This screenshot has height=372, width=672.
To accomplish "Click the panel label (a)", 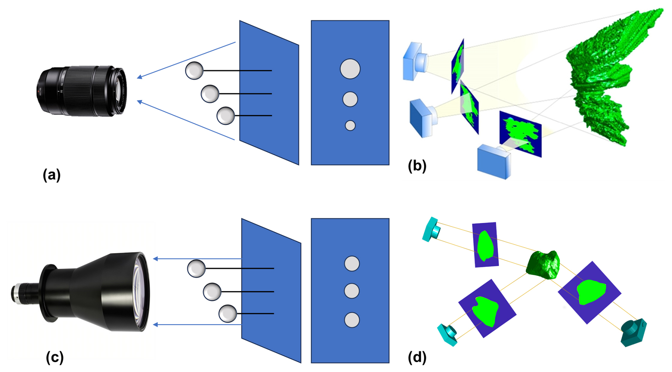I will point(52,175).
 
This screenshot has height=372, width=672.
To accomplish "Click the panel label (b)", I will point(417,166).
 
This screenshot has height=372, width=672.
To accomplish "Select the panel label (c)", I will point(55,357).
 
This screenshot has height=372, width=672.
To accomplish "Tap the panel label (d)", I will point(417,357).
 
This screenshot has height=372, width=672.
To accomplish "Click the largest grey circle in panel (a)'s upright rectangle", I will point(350,69).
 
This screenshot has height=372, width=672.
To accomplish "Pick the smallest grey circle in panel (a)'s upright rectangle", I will point(350,126).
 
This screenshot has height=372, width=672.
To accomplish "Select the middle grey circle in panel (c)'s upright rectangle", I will point(352,291).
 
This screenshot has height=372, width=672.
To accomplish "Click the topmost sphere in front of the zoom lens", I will point(194,70).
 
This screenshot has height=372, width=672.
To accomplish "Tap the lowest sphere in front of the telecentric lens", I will point(228,313).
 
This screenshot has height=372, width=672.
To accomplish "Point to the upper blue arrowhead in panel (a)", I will point(139,77).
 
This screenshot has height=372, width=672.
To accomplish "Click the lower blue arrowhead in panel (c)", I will point(155,325).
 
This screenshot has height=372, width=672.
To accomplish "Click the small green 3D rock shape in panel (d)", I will point(543,265).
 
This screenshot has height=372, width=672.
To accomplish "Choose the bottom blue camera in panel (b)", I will point(494,162).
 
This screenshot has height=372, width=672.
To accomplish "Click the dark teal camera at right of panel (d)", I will point(633,332).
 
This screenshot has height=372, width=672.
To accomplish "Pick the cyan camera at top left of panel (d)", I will point(431,230).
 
